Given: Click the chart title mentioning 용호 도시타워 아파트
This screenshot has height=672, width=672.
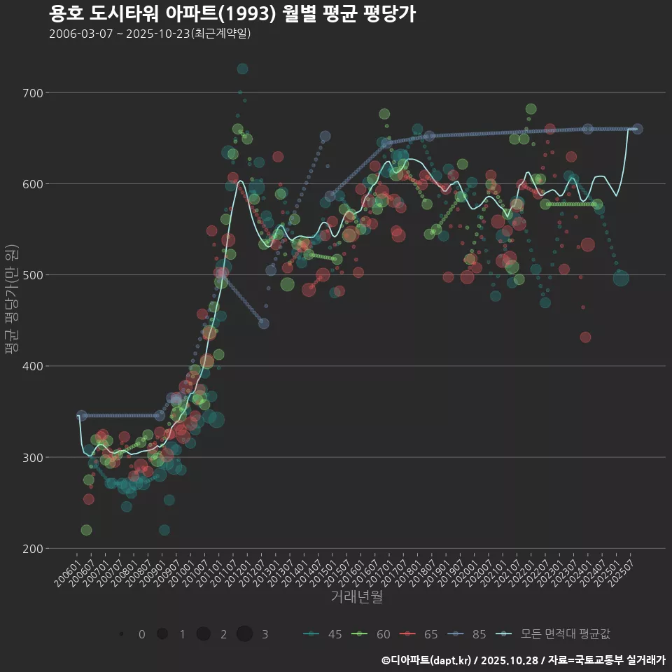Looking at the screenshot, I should (232, 13).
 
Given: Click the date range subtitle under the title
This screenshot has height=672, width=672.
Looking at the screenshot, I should (150, 34).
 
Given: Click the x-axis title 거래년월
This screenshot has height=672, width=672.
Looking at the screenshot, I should (356, 597).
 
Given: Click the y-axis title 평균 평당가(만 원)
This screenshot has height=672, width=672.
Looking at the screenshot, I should (10, 300).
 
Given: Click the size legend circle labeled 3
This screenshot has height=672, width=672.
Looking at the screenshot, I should (244, 634).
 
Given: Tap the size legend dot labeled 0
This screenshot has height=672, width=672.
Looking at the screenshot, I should (122, 634).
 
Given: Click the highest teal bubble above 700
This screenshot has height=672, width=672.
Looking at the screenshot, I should (242, 69).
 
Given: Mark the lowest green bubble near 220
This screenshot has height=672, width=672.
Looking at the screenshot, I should (86, 530).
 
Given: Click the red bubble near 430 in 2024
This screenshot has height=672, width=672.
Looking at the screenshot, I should (585, 337).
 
